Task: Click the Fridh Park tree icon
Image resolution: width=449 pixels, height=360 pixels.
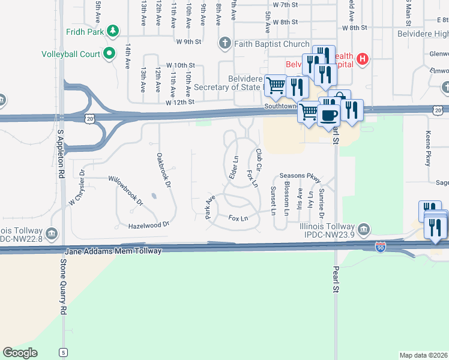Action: click(x=112, y=31)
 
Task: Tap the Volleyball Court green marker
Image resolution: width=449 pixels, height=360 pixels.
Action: click(x=109, y=54)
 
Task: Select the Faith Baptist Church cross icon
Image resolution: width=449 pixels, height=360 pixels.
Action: click(x=224, y=43)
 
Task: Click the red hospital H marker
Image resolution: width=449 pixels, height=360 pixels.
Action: click(x=362, y=59)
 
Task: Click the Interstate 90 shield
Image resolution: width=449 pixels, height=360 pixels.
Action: click(x=381, y=247)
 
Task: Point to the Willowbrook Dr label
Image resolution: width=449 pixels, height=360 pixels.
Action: click(x=125, y=191)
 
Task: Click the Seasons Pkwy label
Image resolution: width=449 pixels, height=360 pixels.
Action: click(x=300, y=176)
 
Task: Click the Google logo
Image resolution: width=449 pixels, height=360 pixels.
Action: click(x=20, y=353)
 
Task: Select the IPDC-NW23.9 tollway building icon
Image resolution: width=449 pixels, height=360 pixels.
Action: click(x=364, y=229)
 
